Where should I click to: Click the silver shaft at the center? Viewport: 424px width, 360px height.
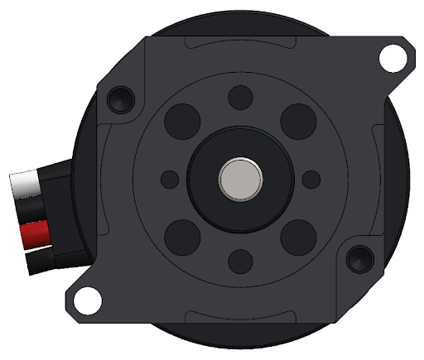click(240, 179)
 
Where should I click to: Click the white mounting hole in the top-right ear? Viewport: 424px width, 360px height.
click(391, 57)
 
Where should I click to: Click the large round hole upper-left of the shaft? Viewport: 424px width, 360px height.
click(182, 122)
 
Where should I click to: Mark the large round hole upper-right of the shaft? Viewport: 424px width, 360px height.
click(298, 122)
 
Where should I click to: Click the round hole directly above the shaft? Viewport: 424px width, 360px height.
click(240, 97)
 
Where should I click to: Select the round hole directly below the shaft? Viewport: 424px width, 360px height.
click(240, 261)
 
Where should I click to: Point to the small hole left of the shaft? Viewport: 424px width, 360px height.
click(170, 179)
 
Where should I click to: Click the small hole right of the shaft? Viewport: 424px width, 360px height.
click(311, 179)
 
